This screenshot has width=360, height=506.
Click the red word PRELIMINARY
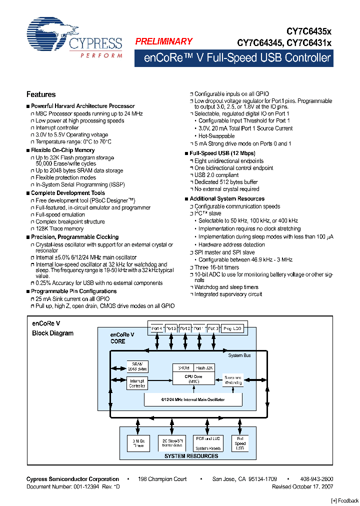pos(163,41)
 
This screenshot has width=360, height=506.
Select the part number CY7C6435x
pos(308,31)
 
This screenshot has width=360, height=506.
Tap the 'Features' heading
pos(41,94)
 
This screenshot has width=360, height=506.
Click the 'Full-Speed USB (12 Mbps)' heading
pos(222,153)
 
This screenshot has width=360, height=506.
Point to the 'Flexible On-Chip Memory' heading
pos(63,150)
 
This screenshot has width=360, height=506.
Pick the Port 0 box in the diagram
pos(213,328)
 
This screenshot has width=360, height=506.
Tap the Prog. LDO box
pos(232,328)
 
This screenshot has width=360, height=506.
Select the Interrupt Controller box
pos(136,383)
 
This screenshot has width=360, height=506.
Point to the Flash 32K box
pos(204,367)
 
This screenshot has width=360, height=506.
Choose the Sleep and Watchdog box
pos(233,380)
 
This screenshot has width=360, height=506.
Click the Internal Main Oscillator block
pos(192,399)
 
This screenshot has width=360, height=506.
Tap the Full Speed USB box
pos(240,443)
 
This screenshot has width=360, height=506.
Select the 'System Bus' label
pos(239,355)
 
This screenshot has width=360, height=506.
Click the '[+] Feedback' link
pos(345,500)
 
